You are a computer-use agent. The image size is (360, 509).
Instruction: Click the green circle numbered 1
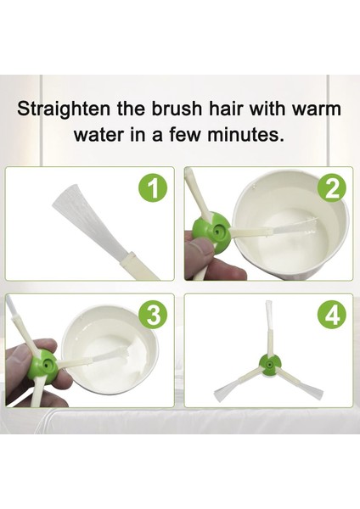(154, 189)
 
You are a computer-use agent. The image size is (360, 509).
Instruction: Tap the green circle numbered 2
(331, 190)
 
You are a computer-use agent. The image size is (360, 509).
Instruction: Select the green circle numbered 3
(154, 316)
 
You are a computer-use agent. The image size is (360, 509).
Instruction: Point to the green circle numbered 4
(332, 316)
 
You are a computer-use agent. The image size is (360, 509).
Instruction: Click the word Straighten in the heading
(64, 109)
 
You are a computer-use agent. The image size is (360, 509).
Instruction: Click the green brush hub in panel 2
(212, 229)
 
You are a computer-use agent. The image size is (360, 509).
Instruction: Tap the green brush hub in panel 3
(44, 364)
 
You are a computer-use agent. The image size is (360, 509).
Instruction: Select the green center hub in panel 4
(270, 366)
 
